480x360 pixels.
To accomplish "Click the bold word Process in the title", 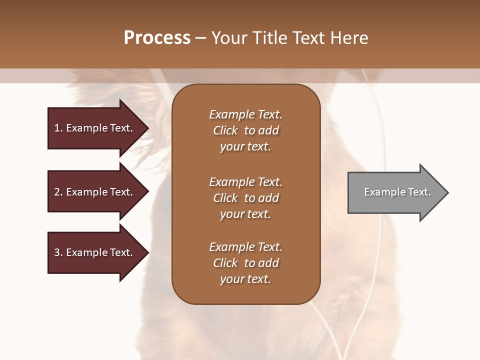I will pos(157,38).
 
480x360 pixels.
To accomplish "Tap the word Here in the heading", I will pos(348,38).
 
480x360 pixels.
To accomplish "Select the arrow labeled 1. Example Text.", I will pos(95,128).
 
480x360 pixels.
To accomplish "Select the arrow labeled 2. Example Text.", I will pos(95,192).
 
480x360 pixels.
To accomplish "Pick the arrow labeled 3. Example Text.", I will pos(95,252).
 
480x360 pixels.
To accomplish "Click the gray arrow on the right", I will pos(395,192).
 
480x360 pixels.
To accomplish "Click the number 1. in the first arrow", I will pos(58,128).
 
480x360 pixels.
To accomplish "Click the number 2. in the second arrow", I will pos(58,192).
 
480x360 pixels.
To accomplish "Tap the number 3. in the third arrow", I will pos(58,252).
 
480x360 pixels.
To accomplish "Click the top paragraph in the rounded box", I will pos(245,130).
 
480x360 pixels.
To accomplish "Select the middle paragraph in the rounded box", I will pos(245,198).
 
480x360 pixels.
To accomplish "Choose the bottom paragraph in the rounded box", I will pos(245,263).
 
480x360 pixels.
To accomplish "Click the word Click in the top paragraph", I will pos(225,130).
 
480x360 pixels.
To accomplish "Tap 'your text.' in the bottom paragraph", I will pos(245,279).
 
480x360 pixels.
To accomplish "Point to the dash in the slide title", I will pos(200,38).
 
